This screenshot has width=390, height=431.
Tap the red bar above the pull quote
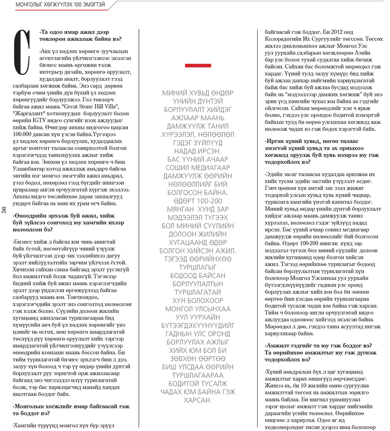(x=198, y=66)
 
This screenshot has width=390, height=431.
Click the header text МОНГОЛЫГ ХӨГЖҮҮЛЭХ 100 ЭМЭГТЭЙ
(x=60, y=5)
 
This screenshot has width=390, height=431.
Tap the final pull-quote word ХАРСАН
(x=198, y=400)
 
